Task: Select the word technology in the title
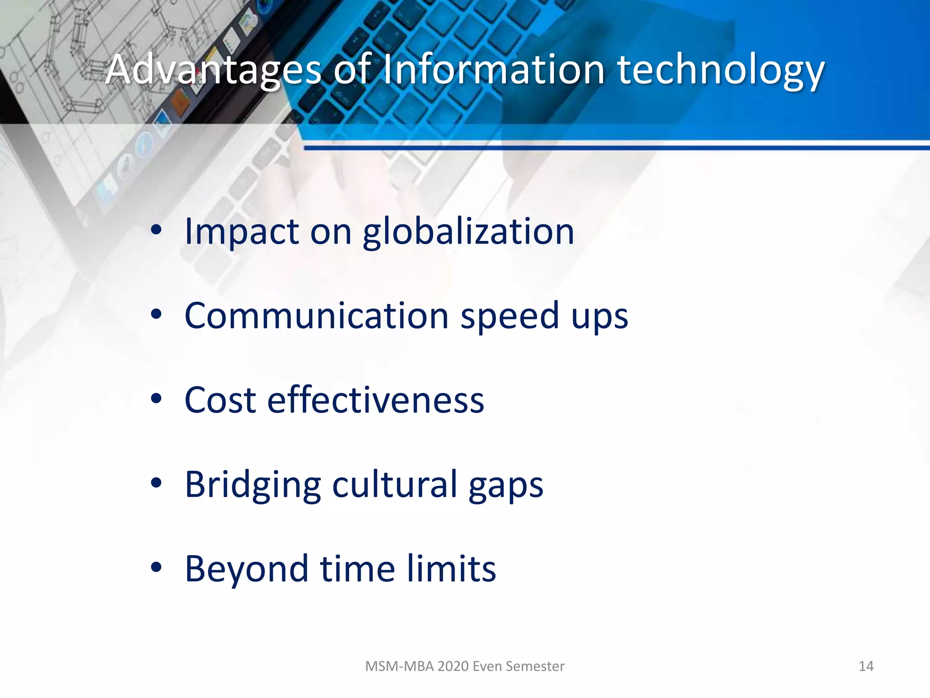pos(720,70)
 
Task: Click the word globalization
pos(468,232)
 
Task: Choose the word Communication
pos(317,316)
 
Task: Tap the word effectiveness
pos(376,400)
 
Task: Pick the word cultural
pos(395,484)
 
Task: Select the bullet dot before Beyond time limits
pos(156,568)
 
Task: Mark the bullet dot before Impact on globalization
pos(156,230)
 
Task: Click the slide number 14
pos(866,666)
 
